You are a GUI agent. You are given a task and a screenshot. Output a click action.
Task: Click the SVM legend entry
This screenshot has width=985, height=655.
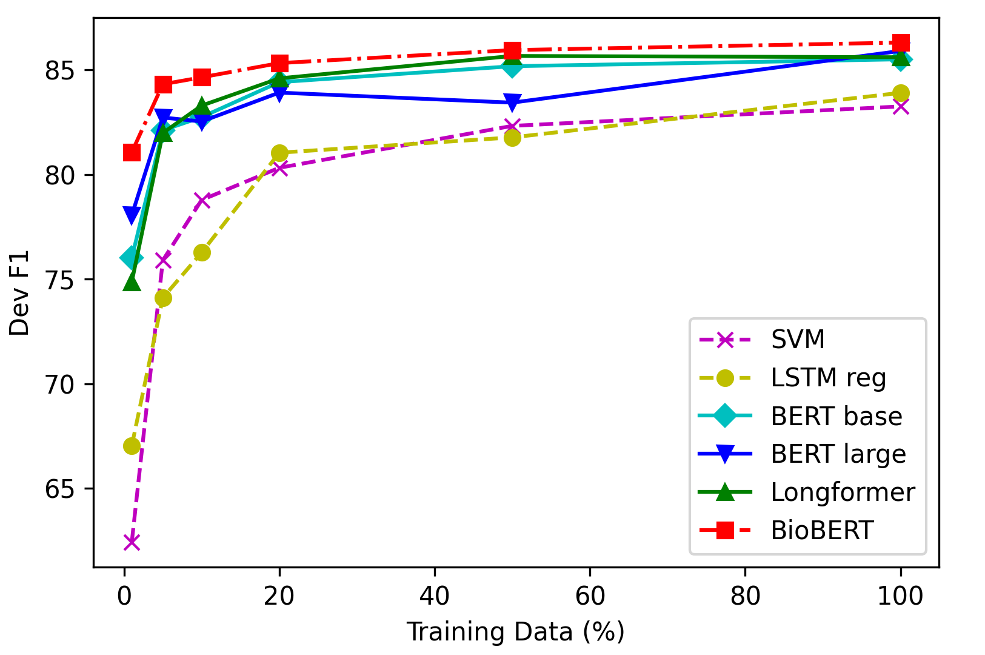[x=798, y=340]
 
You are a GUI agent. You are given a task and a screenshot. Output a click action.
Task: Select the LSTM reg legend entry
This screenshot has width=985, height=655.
[x=828, y=378]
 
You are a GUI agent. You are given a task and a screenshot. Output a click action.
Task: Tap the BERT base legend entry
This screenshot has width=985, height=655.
[x=836, y=417]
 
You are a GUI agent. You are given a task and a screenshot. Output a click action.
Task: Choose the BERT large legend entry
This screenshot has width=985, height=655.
[x=838, y=454]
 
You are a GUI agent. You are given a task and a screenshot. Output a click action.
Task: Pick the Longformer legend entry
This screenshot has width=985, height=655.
[x=843, y=492]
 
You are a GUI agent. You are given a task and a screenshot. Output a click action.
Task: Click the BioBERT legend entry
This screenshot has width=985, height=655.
[x=821, y=531]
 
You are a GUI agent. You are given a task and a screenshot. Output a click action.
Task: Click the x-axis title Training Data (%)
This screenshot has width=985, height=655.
[x=515, y=632]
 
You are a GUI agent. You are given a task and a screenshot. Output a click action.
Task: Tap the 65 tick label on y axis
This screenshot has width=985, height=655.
[x=62, y=489]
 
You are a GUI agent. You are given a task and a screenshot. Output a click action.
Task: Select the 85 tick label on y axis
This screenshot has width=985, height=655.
[x=62, y=70]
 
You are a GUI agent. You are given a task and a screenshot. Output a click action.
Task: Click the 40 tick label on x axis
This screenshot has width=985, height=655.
[x=435, y=596]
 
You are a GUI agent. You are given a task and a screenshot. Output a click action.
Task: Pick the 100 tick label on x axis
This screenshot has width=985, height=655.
[x=900, y=596]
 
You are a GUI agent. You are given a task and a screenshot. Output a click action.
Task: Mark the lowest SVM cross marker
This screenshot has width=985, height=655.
[x=132, y=542]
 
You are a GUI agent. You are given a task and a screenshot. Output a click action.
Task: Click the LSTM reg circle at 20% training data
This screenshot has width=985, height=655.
[x=279, y=153]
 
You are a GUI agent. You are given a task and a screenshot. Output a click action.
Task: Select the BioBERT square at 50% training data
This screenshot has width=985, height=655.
[x=512, y=50]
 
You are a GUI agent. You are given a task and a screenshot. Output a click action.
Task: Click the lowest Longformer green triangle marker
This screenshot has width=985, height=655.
[x=132, y=282]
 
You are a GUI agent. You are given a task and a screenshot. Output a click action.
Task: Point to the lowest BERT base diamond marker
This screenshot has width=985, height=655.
[x=132, y=258]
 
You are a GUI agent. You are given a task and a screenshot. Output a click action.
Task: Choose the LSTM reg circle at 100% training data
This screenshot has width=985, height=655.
[x=901, y=93]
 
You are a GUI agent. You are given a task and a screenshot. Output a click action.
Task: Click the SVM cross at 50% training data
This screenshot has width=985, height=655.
[x=512, y=126]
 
